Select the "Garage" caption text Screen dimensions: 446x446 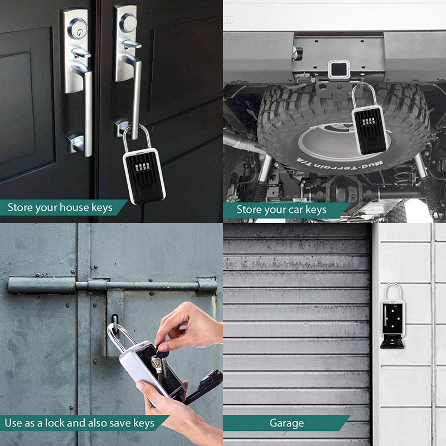point(287,423)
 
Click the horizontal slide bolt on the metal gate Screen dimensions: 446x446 point(111,286)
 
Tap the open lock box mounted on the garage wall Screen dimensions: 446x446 point(392,318)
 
